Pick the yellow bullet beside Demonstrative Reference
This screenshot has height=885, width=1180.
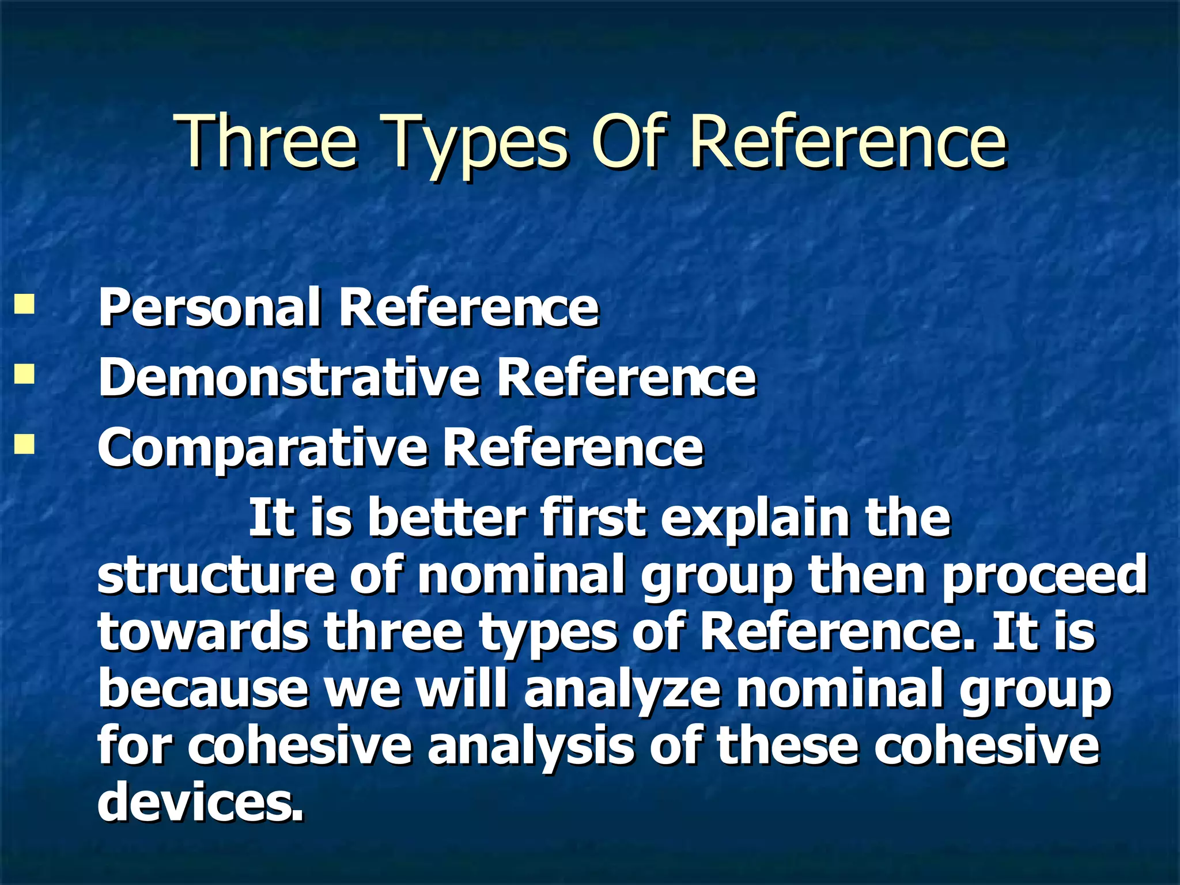pyautogui.click(x=24, y=375)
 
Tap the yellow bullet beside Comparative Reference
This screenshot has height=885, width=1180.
pyautogui.click(x=24, y=445)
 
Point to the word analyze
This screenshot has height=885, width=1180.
pyautogui.click(x=622, y=690)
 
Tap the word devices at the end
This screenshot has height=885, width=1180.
pyautogui.click(x=199, y=803)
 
